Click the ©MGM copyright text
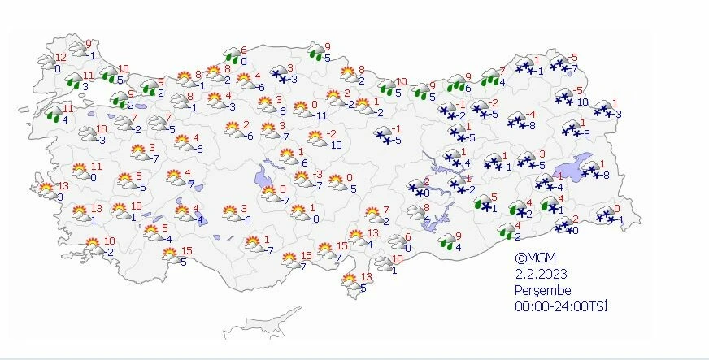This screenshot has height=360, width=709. coord(533,258)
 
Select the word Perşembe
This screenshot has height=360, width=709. coord(543,290)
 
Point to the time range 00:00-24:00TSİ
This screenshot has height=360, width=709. coord(562,306)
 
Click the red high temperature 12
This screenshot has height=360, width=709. coord(60,57)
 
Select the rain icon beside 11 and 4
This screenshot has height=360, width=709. coord(54,114)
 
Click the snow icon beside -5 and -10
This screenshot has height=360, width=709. coord(563,97)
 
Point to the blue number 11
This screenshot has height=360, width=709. coord(322,116)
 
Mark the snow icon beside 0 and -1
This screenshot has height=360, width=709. coord(605,215)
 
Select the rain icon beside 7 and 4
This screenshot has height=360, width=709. coord(490,77)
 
